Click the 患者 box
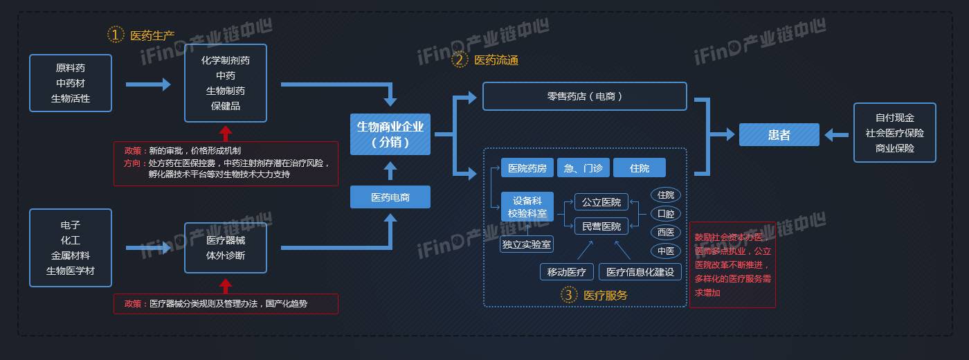pyautogui.click(x=779, y=135)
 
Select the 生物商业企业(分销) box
pyautogui.click(x=390, y=134)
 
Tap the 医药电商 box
pyautogui.click(x=390, y=197)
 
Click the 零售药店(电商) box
pyautogui.click(x=584, y=96)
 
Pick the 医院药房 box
pyautogui.click(x=527, y=168)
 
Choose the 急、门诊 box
pyautogui.click(x=583, y=168)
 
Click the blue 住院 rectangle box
pyautogui.click(x=640, y=168)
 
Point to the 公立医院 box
pyautogui.click(x=601, y=202)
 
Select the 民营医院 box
pyautogui.click(x=601, y=226)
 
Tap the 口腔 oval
pyautogui.click(x=665, y=214)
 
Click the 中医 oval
pyautogui.click(x=665, y=251)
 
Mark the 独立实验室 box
pyautogui.click(x=527, y=244)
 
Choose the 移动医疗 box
pyautogui.click(x=566, y=272)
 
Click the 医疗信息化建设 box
pyautogui.click(x=640, y=272)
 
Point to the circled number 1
pyautogui.click(x=115, y=35)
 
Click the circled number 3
pyautogui.click(x=568, y=295)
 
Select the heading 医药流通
pyautogui.click(x=496, y=60)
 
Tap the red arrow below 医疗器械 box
pyautogui.click(x=225, y=285)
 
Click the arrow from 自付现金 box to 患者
pyautogui.click(x=836, y=135)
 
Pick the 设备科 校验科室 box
pyautogui.click(x=527, y=207)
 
